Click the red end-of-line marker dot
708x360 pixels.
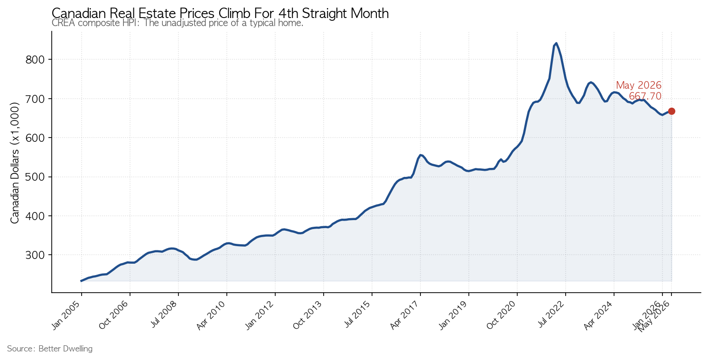click(x=671, y=111)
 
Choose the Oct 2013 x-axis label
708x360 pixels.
click(x=308, y=316)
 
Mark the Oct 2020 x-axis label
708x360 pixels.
click(x=502, y=316)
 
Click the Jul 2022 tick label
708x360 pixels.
click(x=551, y=315)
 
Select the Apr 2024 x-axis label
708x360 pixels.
click(x=599, y=316)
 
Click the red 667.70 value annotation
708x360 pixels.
click(x=645, y=96)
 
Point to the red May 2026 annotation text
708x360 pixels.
click(x=639, y=85)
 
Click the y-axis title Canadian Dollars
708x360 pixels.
click(x=15, y=163)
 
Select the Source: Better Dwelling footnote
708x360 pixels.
click(x=50, y=349)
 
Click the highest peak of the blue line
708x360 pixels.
click(x=556, y=43)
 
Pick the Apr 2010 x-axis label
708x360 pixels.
click(x=211, y=316)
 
